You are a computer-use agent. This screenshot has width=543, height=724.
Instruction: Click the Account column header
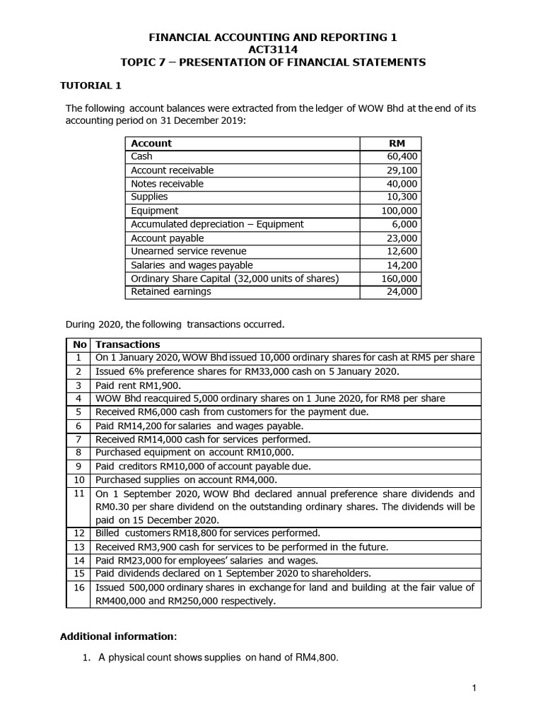click(x=151, y=144)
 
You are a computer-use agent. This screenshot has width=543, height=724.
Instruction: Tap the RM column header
click(x=397, y=144)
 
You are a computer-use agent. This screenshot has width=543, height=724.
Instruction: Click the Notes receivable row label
click(x=167, y=184)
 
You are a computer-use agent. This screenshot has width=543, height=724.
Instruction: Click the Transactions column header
click(x=127, y=344)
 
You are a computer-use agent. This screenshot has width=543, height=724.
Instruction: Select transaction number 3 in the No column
click(x=79, y=385)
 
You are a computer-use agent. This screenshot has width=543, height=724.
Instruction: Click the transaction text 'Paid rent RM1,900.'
click(x=138, y=385)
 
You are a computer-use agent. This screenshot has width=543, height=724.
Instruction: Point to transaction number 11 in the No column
click(x=79, y=494)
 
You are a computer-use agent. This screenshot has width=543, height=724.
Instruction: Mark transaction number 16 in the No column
click(x=79, y=588)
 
